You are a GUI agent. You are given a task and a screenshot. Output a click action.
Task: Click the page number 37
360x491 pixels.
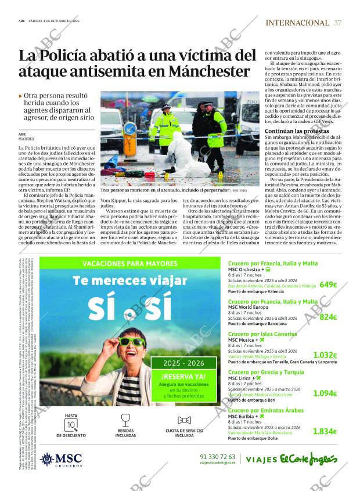[338, 23]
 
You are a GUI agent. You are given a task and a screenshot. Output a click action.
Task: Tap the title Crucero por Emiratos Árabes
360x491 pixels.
[265, 410]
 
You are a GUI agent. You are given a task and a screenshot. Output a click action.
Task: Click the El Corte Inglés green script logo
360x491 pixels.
[308, 458]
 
